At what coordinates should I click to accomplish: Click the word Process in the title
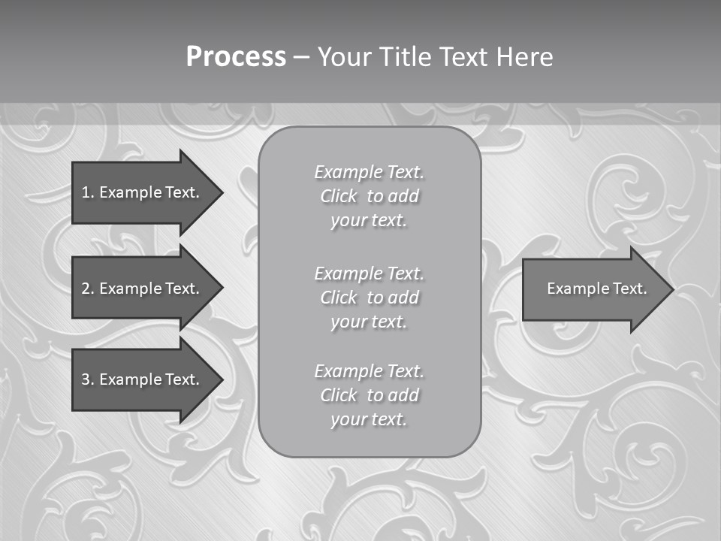tap(236, 57)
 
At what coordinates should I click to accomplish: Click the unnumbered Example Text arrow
tap(593, 289)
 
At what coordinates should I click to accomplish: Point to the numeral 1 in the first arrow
tap(85, 192)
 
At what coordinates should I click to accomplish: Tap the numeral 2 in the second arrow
tap(85, 289)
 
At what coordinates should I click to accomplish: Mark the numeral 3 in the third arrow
tap(85, 379)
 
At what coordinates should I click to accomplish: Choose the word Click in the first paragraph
tap(339, 197)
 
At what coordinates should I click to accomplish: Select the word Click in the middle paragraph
tap(339, 298)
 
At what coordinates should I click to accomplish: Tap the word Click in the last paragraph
tap(339, 395)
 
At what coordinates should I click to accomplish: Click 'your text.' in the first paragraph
tap(369, 221)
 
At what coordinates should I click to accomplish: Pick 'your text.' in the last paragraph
tap(369, 419)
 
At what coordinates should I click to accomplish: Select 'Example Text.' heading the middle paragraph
tap(369, 274)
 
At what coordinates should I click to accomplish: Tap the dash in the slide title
tap(300, 57)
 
